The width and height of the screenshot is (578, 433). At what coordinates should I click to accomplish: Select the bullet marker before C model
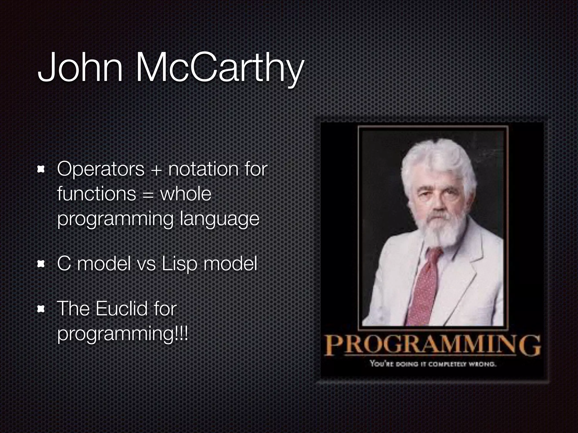(x=41, y=264)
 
